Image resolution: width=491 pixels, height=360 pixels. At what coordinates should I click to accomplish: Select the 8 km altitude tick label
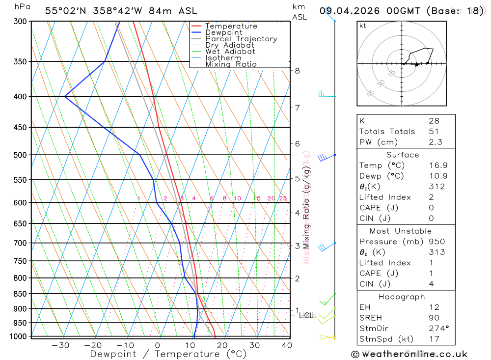(x=297, y=71)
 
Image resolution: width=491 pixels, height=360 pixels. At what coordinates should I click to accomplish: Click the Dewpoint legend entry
(x=223, y=32)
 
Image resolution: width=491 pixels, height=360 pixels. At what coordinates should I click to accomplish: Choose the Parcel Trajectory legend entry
(x=241, y=39)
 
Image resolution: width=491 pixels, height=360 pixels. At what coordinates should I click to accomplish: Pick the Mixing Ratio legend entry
(x=231, y=64)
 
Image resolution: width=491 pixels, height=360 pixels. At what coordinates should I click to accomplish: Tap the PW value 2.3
(x=435, y=142)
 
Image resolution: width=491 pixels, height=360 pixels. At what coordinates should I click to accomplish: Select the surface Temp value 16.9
(x=438, y=166)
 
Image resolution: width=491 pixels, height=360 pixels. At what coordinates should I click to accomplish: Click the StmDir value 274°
(x=439, y=329)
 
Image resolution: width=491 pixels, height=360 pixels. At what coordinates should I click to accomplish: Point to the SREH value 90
(x=434, y=318)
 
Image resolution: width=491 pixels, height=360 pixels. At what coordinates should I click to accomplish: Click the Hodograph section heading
(x=402, y=297)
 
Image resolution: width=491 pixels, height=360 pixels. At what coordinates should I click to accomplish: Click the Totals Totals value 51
(x=434, y=132)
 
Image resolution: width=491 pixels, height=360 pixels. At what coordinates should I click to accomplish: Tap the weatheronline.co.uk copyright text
(x=409, y=354)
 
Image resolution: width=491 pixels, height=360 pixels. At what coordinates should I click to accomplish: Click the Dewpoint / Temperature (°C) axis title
(x=168, y=354)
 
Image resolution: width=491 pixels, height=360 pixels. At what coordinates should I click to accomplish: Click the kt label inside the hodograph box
(x=363, y=26)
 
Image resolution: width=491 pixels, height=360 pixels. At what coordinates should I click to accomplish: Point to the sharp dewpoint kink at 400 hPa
(x=65, y=96)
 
